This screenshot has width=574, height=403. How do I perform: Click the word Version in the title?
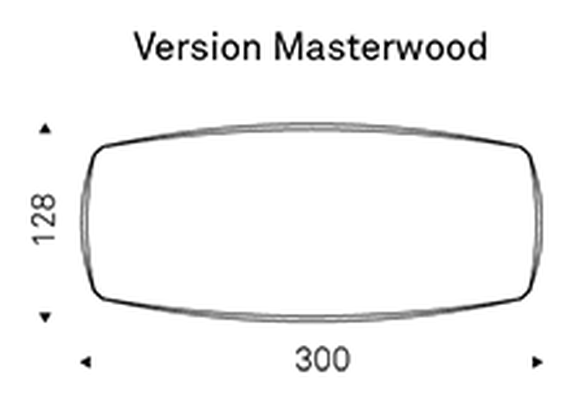click(x=197, y=47)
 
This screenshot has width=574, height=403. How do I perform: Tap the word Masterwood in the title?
click(x=381, y=47)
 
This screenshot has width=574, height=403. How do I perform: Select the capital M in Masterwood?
click(x=289, y=46)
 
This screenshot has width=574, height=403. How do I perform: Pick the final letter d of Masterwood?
click(x=477, y=47)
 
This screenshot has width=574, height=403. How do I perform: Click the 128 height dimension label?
click(x=44, y=219)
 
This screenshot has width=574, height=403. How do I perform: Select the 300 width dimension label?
click(x=323, y=360)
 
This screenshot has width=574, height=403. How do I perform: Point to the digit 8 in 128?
click(x=44, y=202)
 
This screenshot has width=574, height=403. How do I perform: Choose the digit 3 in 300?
click(x=304, y=360)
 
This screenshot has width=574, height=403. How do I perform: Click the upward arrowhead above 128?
click(x=45, y=128)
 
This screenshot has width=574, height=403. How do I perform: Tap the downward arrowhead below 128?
click(x=45, y=317)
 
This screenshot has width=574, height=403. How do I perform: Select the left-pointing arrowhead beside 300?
click(x=86, y=362)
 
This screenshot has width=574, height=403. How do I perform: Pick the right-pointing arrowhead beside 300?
click(x=538, y=362)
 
